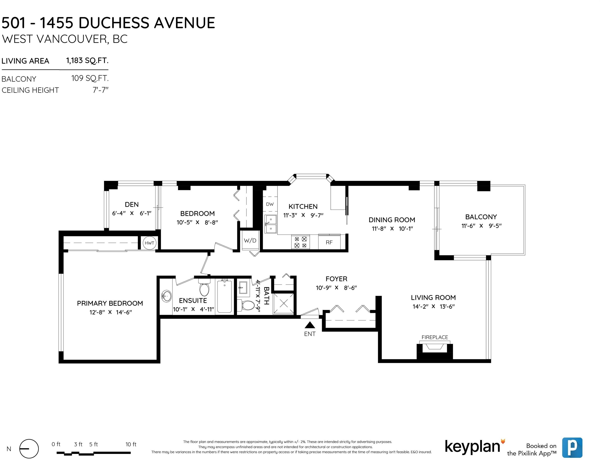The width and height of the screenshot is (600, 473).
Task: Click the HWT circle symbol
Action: [x=149, y=243]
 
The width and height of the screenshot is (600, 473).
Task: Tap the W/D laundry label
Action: [x=250, y=240]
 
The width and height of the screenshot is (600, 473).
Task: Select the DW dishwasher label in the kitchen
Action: [x=270, y=204]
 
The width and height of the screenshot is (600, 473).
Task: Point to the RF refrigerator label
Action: [x=329, y=242]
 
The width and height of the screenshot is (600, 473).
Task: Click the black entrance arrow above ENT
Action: [x=310, y=325]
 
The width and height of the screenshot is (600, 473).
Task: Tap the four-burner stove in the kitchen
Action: [x=301, y=242]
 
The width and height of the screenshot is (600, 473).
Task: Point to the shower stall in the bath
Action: [x=283, y=303]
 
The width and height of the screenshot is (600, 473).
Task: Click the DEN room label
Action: [x=132, y=204]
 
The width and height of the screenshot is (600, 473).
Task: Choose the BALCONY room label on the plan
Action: [x=481, y=217]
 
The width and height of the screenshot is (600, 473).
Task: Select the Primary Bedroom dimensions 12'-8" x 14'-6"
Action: [x=110, y=312]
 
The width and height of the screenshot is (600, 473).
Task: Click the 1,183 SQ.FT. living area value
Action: [x=87, y=60]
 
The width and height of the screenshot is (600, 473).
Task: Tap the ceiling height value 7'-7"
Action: [x=101, y=90]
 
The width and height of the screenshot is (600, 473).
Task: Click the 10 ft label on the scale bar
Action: [x=131, y=444]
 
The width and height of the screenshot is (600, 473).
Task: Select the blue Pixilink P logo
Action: [x=572, y=448]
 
